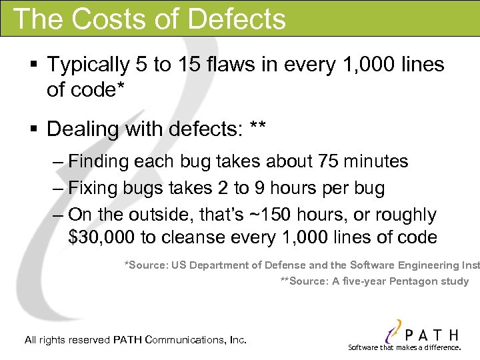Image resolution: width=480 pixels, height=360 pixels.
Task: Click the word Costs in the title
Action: pos(108,18)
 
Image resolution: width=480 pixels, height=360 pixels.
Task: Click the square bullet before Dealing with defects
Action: pos(33,127)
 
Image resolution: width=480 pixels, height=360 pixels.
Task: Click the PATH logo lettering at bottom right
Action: pos(431,333)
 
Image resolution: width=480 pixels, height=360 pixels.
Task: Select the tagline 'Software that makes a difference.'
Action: pos(405,347)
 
